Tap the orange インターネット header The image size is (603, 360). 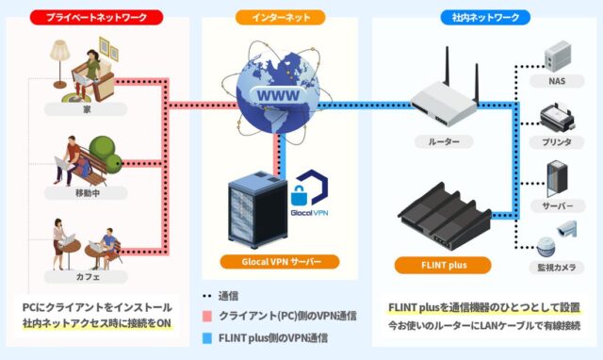tap(279, 17)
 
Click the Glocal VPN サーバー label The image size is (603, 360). tap(279, 261)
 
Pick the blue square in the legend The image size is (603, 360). tap(206, 337)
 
